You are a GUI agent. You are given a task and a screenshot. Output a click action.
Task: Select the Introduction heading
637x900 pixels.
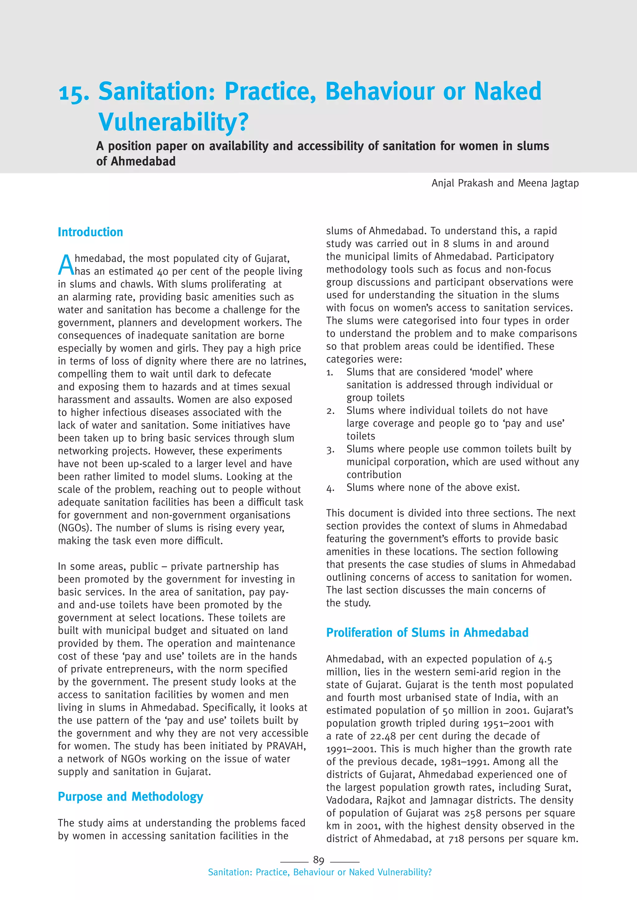point(90,232)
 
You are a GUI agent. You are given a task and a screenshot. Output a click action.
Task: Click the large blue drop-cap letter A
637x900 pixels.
point(66,265)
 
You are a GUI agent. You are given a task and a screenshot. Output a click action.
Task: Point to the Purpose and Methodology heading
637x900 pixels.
point(130,797)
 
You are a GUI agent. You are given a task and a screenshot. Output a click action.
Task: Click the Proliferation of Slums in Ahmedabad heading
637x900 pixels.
point(427,632)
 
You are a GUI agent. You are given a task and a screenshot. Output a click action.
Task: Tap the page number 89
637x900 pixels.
point(318,860)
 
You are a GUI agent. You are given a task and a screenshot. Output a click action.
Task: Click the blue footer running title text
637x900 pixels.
point(319,872)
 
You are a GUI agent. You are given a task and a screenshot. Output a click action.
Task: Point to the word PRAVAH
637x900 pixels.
point(286,746)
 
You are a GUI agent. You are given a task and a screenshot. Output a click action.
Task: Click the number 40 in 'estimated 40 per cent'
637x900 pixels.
point(162,272)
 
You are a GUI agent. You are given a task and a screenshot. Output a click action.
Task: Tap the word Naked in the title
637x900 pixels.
point(508,91)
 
